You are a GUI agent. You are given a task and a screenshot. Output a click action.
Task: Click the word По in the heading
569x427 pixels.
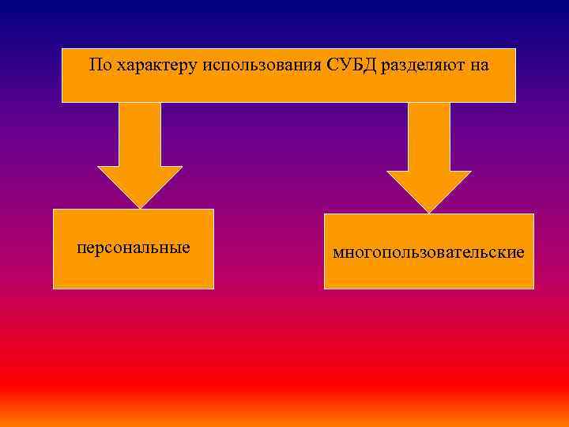point(100,65)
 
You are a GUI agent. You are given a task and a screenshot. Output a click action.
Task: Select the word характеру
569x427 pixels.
point(156,66)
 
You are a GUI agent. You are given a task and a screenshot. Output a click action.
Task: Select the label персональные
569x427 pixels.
point(134,248)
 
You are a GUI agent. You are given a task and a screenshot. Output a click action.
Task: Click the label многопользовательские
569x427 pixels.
point(428,253)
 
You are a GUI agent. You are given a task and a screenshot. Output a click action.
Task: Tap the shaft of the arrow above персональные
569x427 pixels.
point(140,134)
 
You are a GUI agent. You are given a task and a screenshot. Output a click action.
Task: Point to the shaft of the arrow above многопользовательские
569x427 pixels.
point(429,136)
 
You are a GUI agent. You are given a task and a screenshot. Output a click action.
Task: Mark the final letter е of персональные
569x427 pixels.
point(187,248)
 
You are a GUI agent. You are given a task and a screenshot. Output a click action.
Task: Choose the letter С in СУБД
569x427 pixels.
point(330,65)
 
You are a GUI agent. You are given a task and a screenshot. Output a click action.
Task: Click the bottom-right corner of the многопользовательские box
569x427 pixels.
point(533,288)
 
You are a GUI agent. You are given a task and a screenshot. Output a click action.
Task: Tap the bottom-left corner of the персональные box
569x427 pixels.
point(54,288)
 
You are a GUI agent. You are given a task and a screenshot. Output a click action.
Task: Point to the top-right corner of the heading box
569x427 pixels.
point(515,49)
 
